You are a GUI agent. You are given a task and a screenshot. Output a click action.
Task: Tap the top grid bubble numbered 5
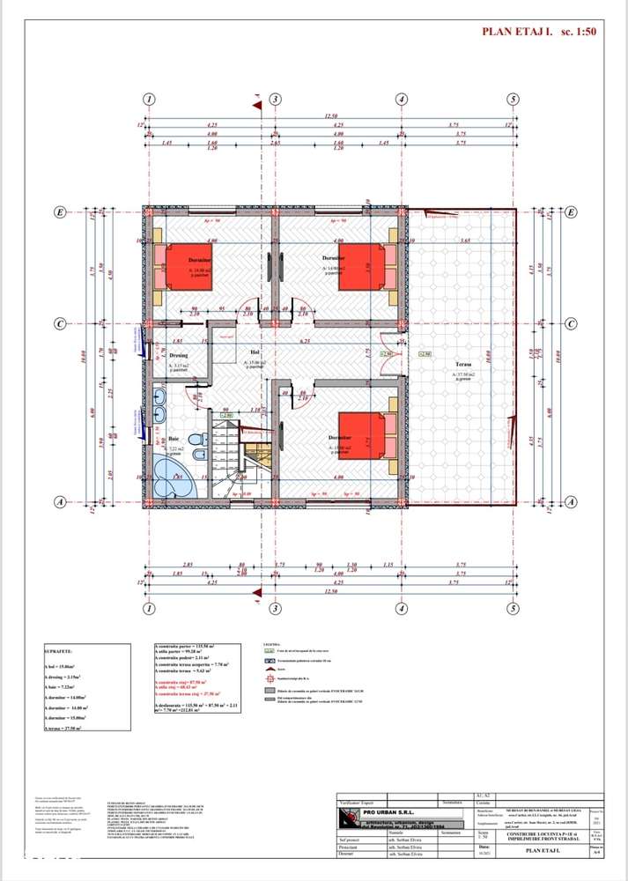pos(513,99)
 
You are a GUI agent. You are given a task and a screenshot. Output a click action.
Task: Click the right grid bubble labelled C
pos(571,323)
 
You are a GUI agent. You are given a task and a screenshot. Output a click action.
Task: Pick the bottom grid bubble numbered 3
pos(275,609)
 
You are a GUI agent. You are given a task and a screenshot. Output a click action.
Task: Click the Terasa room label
pos(464,364)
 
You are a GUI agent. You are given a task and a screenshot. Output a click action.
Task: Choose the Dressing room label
pos(179,356)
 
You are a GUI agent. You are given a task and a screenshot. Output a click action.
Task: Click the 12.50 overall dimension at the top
pos(331,115)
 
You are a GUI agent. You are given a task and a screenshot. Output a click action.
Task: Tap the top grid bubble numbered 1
pos(150,99)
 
